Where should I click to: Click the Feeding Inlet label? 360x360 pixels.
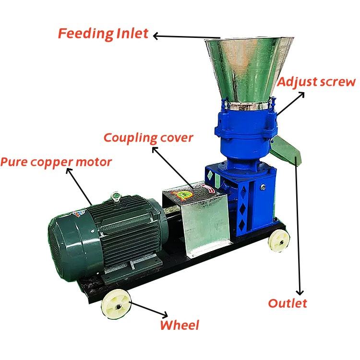[103, 34]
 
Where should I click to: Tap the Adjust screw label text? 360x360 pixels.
[316, 82]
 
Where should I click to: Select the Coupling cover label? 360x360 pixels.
[148, 138]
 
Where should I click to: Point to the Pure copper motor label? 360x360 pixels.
[56, 162]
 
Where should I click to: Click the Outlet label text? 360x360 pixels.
[287, 303]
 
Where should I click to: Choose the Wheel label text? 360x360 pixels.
[179, 325]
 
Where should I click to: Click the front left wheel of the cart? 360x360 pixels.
[116, 303]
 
